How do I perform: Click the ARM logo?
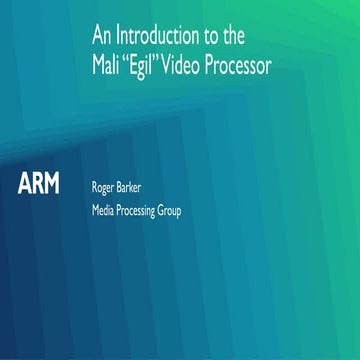tap(39, 184)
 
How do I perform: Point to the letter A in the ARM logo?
tap(25, 184)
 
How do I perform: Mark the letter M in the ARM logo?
tap(53, 184)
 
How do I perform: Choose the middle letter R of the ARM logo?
tap(38, 184)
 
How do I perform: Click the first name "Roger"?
tap(105, 185)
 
